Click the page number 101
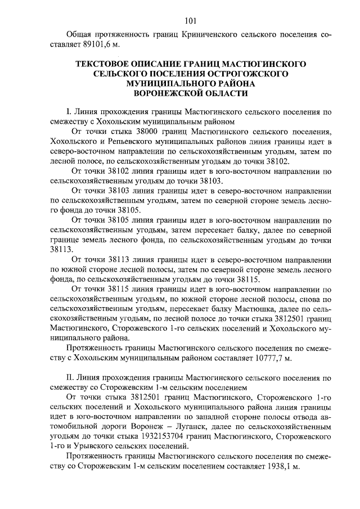tap(190, 22)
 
